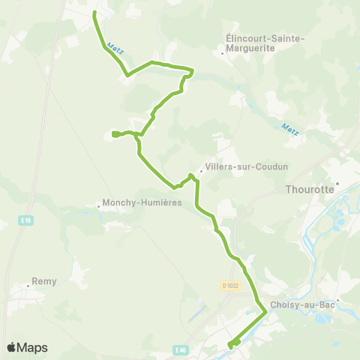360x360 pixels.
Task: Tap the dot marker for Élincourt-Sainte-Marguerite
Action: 223,53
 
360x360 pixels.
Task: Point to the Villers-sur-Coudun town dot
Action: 202,170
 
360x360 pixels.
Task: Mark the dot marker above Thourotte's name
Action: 337,181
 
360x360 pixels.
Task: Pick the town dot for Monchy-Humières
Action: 100,203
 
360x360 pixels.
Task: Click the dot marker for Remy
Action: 25,285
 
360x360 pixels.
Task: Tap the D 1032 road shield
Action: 230,285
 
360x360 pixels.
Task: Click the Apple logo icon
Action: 11,347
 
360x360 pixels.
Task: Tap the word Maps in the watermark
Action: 33,347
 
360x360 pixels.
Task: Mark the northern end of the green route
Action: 94,13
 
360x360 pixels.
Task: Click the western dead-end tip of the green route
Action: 112,134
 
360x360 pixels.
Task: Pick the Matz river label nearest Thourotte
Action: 289,129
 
